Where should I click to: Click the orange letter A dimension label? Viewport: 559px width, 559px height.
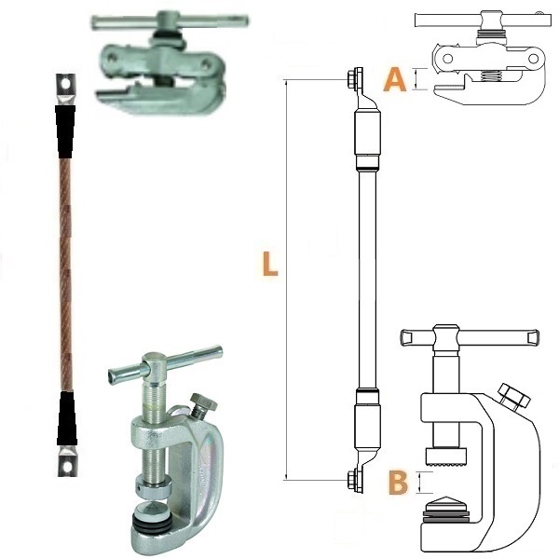395,79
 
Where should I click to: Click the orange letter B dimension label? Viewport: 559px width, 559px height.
398,483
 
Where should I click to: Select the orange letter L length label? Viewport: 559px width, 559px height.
270,264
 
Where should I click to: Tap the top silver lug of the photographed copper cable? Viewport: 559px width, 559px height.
65,89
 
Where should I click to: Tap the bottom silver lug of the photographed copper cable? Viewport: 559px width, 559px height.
67,461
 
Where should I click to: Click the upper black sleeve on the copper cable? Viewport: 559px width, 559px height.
65,131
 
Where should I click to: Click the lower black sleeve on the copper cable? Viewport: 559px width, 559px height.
67,418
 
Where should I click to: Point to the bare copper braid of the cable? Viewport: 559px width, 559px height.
65,275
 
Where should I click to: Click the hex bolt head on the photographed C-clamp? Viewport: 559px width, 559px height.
203,403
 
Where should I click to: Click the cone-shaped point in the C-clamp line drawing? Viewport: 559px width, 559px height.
446,504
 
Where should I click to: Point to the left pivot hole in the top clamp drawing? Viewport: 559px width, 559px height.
448,58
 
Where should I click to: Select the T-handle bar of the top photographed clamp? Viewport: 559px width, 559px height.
170,22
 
